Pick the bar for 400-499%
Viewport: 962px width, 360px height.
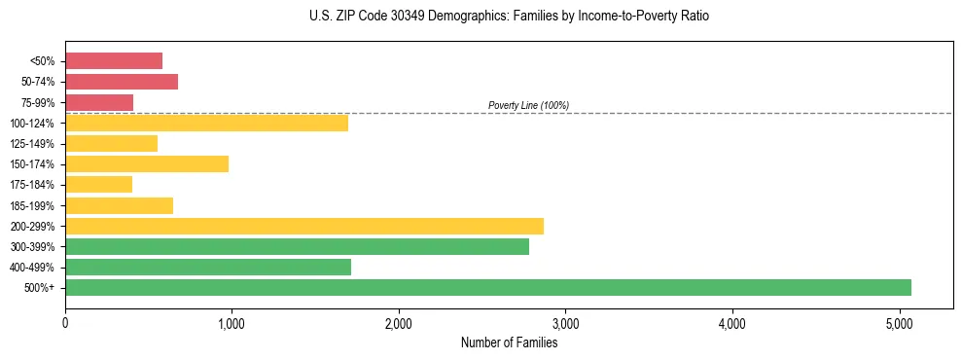coord(208,267)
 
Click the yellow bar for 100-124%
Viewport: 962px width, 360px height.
coord(206,123)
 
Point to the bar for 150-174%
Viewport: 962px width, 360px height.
coord(147,163)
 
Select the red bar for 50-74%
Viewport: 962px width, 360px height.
coord(122,82)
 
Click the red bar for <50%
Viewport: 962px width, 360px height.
coord(114,61)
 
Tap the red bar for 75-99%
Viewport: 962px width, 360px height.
coord(99,102)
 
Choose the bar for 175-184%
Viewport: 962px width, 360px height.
coord(98,184)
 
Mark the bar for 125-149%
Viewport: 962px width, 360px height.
coord(111,143)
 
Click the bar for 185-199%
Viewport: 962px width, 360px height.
coord(119,205)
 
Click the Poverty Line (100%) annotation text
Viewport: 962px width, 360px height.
coord(528,105)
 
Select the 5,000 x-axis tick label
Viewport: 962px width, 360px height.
coord(899,324)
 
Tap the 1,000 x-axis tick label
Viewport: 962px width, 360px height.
coord(232,324)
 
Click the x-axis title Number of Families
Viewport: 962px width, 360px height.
coord(509,342)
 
